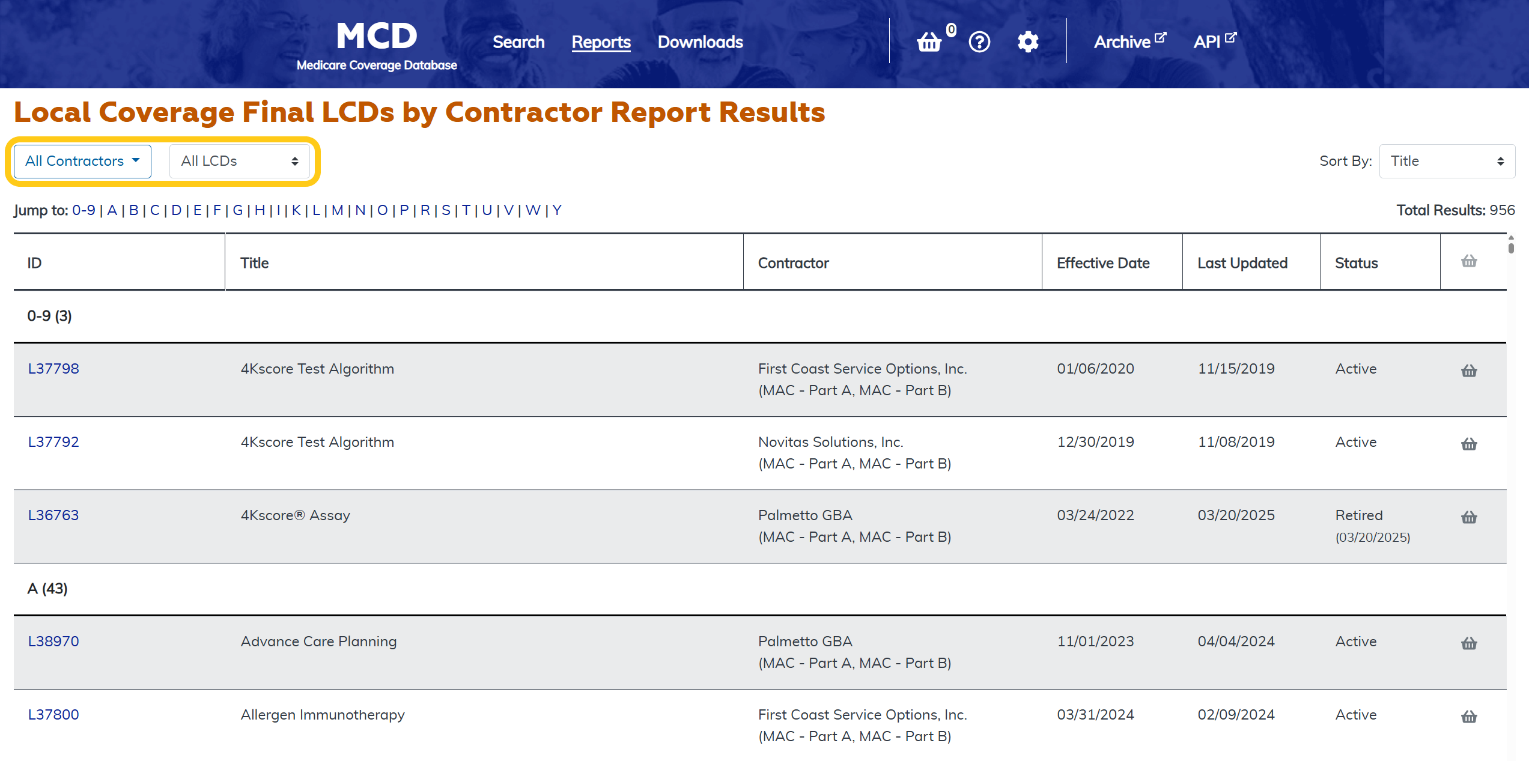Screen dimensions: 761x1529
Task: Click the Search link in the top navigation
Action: click(x=518, y=42)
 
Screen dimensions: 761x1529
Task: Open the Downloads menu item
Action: click(x=700, y=42)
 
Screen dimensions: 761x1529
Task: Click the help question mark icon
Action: click(x=979, y=42)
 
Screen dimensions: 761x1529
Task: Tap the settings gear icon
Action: click(x=1028, y=42)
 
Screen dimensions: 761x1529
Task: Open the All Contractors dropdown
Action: click(x=82, y=161)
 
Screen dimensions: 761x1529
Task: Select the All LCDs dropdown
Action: click(x=239, y=161)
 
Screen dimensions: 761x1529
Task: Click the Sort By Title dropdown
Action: click(x=1447, y=161)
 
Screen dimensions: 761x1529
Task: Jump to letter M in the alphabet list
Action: click(x=337, y=210)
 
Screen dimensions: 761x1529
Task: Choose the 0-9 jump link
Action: click(x=84, y=210)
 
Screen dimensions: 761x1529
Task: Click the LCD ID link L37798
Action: click(x=53, y=369)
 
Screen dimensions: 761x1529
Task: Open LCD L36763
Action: click(x=53, y=515)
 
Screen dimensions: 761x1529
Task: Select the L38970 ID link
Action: click(x=53, y=641)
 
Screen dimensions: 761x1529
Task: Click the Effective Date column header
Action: click(x=1103, y=263)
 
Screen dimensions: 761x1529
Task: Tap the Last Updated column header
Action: click(x=1242, y=263)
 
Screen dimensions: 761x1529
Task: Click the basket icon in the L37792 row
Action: click(x=1469, y=444)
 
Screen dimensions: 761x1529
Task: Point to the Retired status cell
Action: click(x=1359, y=515)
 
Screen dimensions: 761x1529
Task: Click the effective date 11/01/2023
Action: click(x=1095, y=641)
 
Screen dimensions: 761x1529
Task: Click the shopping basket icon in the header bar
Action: click(x=929, y=42)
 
